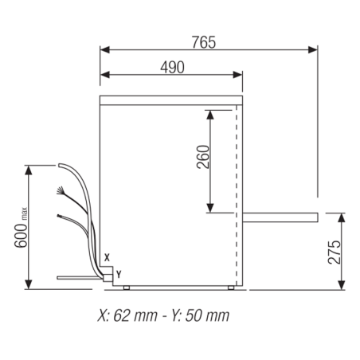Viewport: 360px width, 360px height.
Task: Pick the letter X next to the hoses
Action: coord(107,256)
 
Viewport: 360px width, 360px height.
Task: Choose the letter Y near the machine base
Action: coord(119,273)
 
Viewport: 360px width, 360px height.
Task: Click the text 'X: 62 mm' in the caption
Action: coord(127,315)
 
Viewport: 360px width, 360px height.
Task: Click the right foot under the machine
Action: coord(231,287)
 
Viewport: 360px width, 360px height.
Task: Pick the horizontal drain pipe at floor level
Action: coord(80,276)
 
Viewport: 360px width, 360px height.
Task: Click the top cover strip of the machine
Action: coord(170,100)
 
